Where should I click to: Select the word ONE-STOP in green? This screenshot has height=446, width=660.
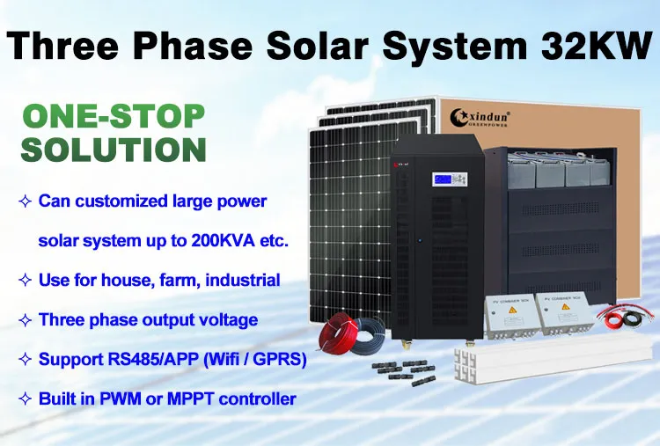(x=113, y=116)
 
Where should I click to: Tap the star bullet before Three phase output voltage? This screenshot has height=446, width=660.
(x=25, y=320)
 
